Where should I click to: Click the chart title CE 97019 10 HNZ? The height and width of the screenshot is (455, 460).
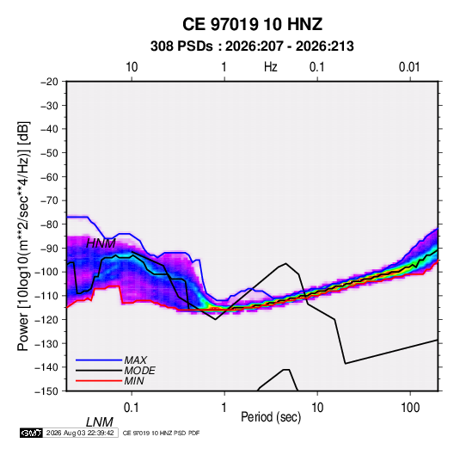(252, 24)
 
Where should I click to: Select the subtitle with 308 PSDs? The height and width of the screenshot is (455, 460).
(252, 46)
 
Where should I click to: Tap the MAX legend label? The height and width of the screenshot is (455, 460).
(135, 360)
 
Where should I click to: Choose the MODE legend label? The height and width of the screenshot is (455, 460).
(139, 371)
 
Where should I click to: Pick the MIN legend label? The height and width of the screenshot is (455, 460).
(134, 381)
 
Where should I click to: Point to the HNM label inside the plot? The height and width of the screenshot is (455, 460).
(101, 243)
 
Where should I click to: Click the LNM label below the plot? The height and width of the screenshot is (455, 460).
(99, 422)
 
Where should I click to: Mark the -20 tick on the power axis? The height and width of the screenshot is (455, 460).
(49, 82)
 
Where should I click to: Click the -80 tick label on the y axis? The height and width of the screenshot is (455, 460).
(49, 224)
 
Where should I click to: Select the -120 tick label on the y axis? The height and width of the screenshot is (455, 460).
(46, 319)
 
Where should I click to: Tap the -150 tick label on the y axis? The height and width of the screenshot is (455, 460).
(46, 391)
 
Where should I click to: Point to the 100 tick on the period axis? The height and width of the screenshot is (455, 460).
(410, 408)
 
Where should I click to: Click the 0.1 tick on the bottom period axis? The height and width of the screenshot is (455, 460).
(132, 408)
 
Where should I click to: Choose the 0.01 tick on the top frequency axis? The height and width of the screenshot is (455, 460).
(409, 67)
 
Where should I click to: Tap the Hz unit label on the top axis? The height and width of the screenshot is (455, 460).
(271, 67)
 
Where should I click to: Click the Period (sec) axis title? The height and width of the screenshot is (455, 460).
(271, 417)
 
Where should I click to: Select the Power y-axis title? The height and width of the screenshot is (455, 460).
(23, 237)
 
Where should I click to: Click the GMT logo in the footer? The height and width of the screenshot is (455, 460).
(31, 433)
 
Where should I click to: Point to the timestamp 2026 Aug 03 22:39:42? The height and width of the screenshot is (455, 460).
(80, 433)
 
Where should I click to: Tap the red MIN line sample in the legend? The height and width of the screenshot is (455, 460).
(99, 381)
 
